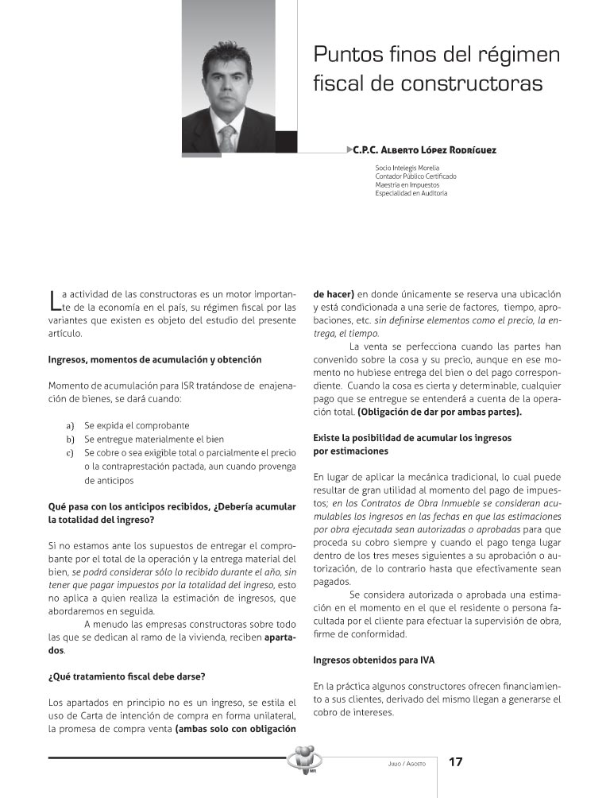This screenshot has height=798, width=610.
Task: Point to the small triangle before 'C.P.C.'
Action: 351,149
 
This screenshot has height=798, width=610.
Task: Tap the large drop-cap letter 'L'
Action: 53,299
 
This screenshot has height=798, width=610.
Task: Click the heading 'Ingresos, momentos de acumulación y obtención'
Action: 155,359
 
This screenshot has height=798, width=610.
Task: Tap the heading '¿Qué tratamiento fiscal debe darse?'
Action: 127,676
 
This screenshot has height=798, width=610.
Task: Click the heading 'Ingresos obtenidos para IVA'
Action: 373,660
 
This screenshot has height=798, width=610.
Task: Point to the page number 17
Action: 455,762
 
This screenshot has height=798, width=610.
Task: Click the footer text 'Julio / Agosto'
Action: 401,764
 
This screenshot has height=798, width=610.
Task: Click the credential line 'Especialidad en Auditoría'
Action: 411,193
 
